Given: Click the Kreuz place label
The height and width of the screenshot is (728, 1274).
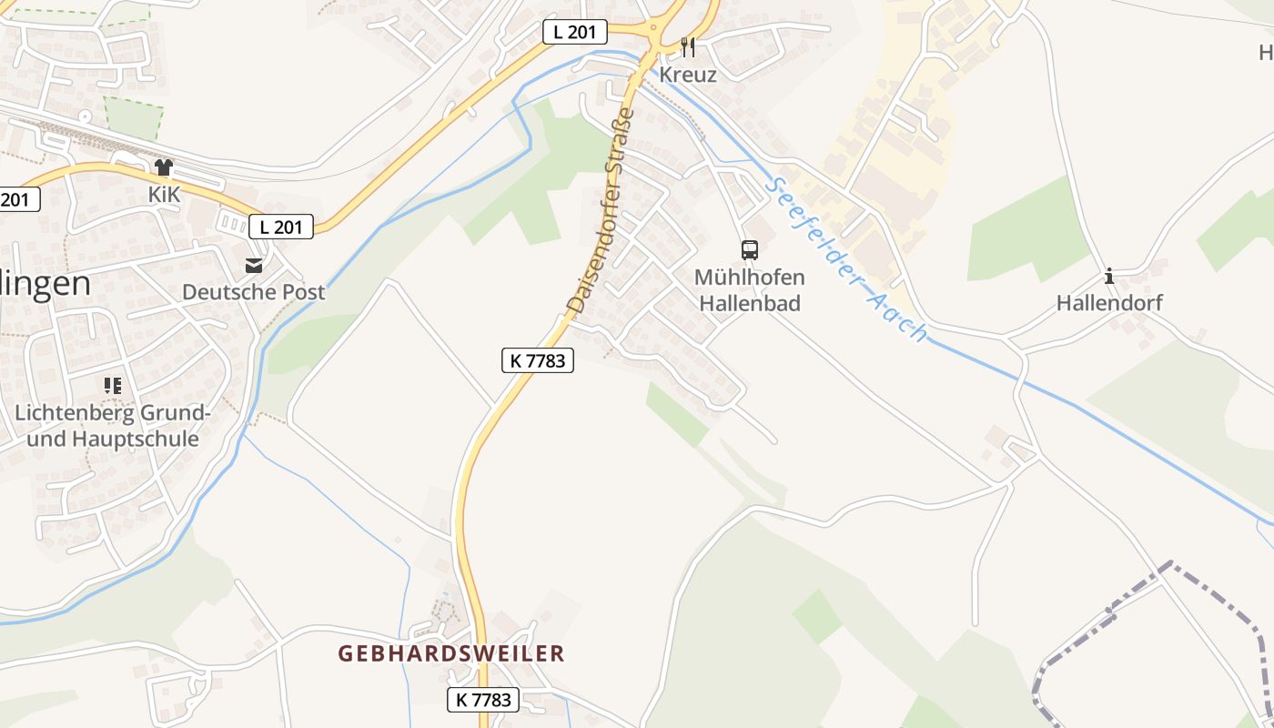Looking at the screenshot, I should point(688,75).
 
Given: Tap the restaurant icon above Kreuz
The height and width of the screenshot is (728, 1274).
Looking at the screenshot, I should point(688,46).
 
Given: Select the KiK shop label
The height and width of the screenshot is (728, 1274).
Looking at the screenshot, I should point(165,195).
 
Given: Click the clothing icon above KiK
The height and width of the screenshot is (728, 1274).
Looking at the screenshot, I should point(164,167).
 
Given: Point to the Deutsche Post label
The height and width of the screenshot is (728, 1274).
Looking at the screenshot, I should point(254,292).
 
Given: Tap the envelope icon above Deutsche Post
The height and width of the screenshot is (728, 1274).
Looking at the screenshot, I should point(254,266).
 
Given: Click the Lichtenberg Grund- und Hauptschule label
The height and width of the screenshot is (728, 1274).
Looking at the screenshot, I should point(113,426).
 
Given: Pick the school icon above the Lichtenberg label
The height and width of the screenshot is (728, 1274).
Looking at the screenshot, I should point(113,386).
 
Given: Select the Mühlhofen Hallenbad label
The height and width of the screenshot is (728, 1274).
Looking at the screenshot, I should point(749,290).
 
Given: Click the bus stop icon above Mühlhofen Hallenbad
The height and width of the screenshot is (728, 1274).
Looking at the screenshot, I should point(749,249).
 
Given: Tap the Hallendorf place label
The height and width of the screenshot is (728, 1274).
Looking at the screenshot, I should point(1109,303).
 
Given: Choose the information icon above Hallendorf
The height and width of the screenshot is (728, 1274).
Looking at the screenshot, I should point(1108,276).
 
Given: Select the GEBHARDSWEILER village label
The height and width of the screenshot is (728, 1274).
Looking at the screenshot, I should point(451,653).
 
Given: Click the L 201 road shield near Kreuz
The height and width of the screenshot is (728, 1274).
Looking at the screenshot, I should point(574,32).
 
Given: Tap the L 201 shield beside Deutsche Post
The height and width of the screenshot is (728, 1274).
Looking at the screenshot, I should point(281,227).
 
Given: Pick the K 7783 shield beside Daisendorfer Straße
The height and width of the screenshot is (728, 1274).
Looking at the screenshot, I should point(538,360).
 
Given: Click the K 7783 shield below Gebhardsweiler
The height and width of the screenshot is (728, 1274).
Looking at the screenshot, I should point(483,700).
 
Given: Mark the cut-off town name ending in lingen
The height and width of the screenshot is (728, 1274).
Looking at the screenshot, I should point(45,284).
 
